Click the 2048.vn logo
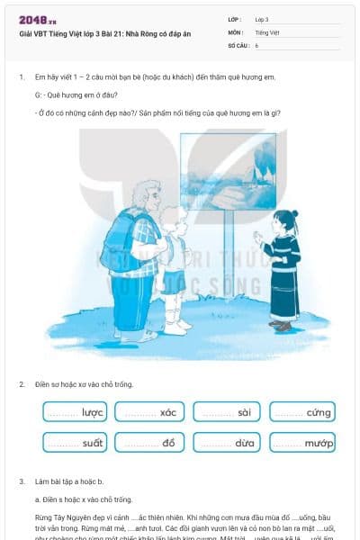38,19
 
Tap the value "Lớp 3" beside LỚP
262,19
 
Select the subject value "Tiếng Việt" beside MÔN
267,31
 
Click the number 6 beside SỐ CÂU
256,44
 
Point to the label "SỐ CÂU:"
238,44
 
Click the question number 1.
22,77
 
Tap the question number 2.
22,384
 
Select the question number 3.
22,482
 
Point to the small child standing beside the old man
175,265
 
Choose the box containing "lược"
75,412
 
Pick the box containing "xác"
150,412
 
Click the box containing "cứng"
302,412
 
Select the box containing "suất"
75,443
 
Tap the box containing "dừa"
227,443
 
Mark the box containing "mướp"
302,443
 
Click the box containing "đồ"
150,443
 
